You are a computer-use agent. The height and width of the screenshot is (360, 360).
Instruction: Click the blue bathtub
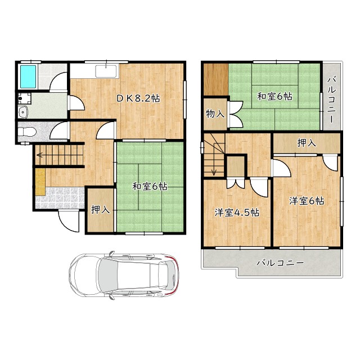(28, 76)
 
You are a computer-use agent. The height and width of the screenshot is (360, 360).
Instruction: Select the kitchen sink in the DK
(106, 71)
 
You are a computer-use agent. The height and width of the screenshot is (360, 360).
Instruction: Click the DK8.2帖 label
(138, 98)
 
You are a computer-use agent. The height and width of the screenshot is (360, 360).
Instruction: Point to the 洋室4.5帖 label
(237, 213)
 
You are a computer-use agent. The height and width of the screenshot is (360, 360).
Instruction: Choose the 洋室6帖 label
(307, 201)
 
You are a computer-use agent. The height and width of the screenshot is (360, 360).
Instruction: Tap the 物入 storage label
(215, 114)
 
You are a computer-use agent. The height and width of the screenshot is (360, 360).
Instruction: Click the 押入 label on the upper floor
(307, 143)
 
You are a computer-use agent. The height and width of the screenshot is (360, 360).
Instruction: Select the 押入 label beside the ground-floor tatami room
(100, 209)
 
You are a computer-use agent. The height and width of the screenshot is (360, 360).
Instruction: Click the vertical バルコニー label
(332, 100)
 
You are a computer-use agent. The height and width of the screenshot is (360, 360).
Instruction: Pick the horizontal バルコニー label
(280, 263)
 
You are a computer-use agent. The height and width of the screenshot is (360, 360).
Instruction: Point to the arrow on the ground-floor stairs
(60, 155)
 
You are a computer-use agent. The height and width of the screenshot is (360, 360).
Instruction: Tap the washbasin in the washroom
(23, 112)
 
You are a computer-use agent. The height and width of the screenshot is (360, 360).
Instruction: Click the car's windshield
(109, 275)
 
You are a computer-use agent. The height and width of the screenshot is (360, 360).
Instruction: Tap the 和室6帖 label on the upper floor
(274, 96)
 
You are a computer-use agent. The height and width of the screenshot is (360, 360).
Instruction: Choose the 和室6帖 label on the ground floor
(150, 186)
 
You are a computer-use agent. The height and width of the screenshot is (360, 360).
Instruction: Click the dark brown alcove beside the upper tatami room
(216, 79)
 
